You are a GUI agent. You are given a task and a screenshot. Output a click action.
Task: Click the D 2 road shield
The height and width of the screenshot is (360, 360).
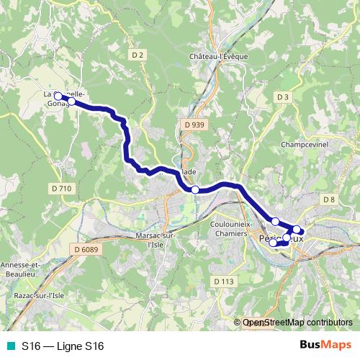139,55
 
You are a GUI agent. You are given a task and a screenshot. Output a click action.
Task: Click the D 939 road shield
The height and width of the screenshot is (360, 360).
194,125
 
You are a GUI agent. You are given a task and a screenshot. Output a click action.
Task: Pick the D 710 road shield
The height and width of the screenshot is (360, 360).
62,188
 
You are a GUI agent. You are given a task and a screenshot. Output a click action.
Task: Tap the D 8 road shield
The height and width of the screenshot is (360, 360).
329,199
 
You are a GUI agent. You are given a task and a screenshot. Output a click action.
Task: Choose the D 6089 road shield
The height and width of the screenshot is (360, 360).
86,249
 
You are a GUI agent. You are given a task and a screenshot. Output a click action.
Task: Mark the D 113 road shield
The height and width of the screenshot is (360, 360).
224,281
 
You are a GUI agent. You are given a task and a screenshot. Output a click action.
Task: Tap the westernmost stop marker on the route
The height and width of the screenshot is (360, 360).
58,95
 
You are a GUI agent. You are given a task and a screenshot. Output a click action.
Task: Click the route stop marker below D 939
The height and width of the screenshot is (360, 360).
195,189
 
